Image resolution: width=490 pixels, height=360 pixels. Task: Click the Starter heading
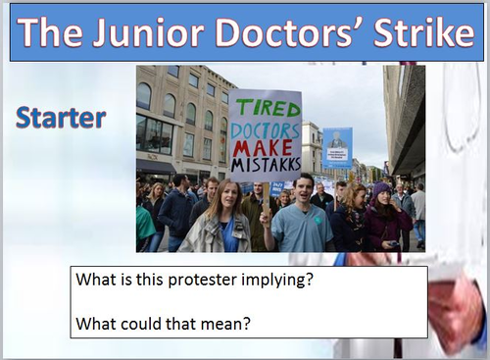tap(61, 118)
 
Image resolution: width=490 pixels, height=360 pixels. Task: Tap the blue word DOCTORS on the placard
tap(265, 126)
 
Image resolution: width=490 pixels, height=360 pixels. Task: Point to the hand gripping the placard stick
tap(266, 218)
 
